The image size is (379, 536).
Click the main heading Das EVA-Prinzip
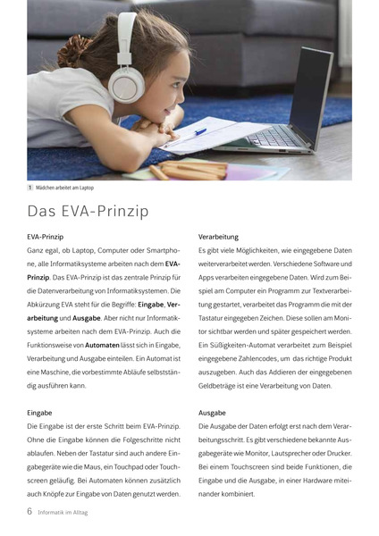(x=88, y=213)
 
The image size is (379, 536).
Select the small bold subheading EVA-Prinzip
(x=45, y=237)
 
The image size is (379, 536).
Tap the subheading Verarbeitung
(x=218, y=237)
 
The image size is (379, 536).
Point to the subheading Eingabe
(x=39, y=413)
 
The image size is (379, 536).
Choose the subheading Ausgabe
(x=212, y=413)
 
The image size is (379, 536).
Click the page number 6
(x=29, y=511)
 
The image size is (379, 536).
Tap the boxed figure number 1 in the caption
(x=30, y=188)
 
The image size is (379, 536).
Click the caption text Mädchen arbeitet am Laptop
(x=65, y=188)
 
